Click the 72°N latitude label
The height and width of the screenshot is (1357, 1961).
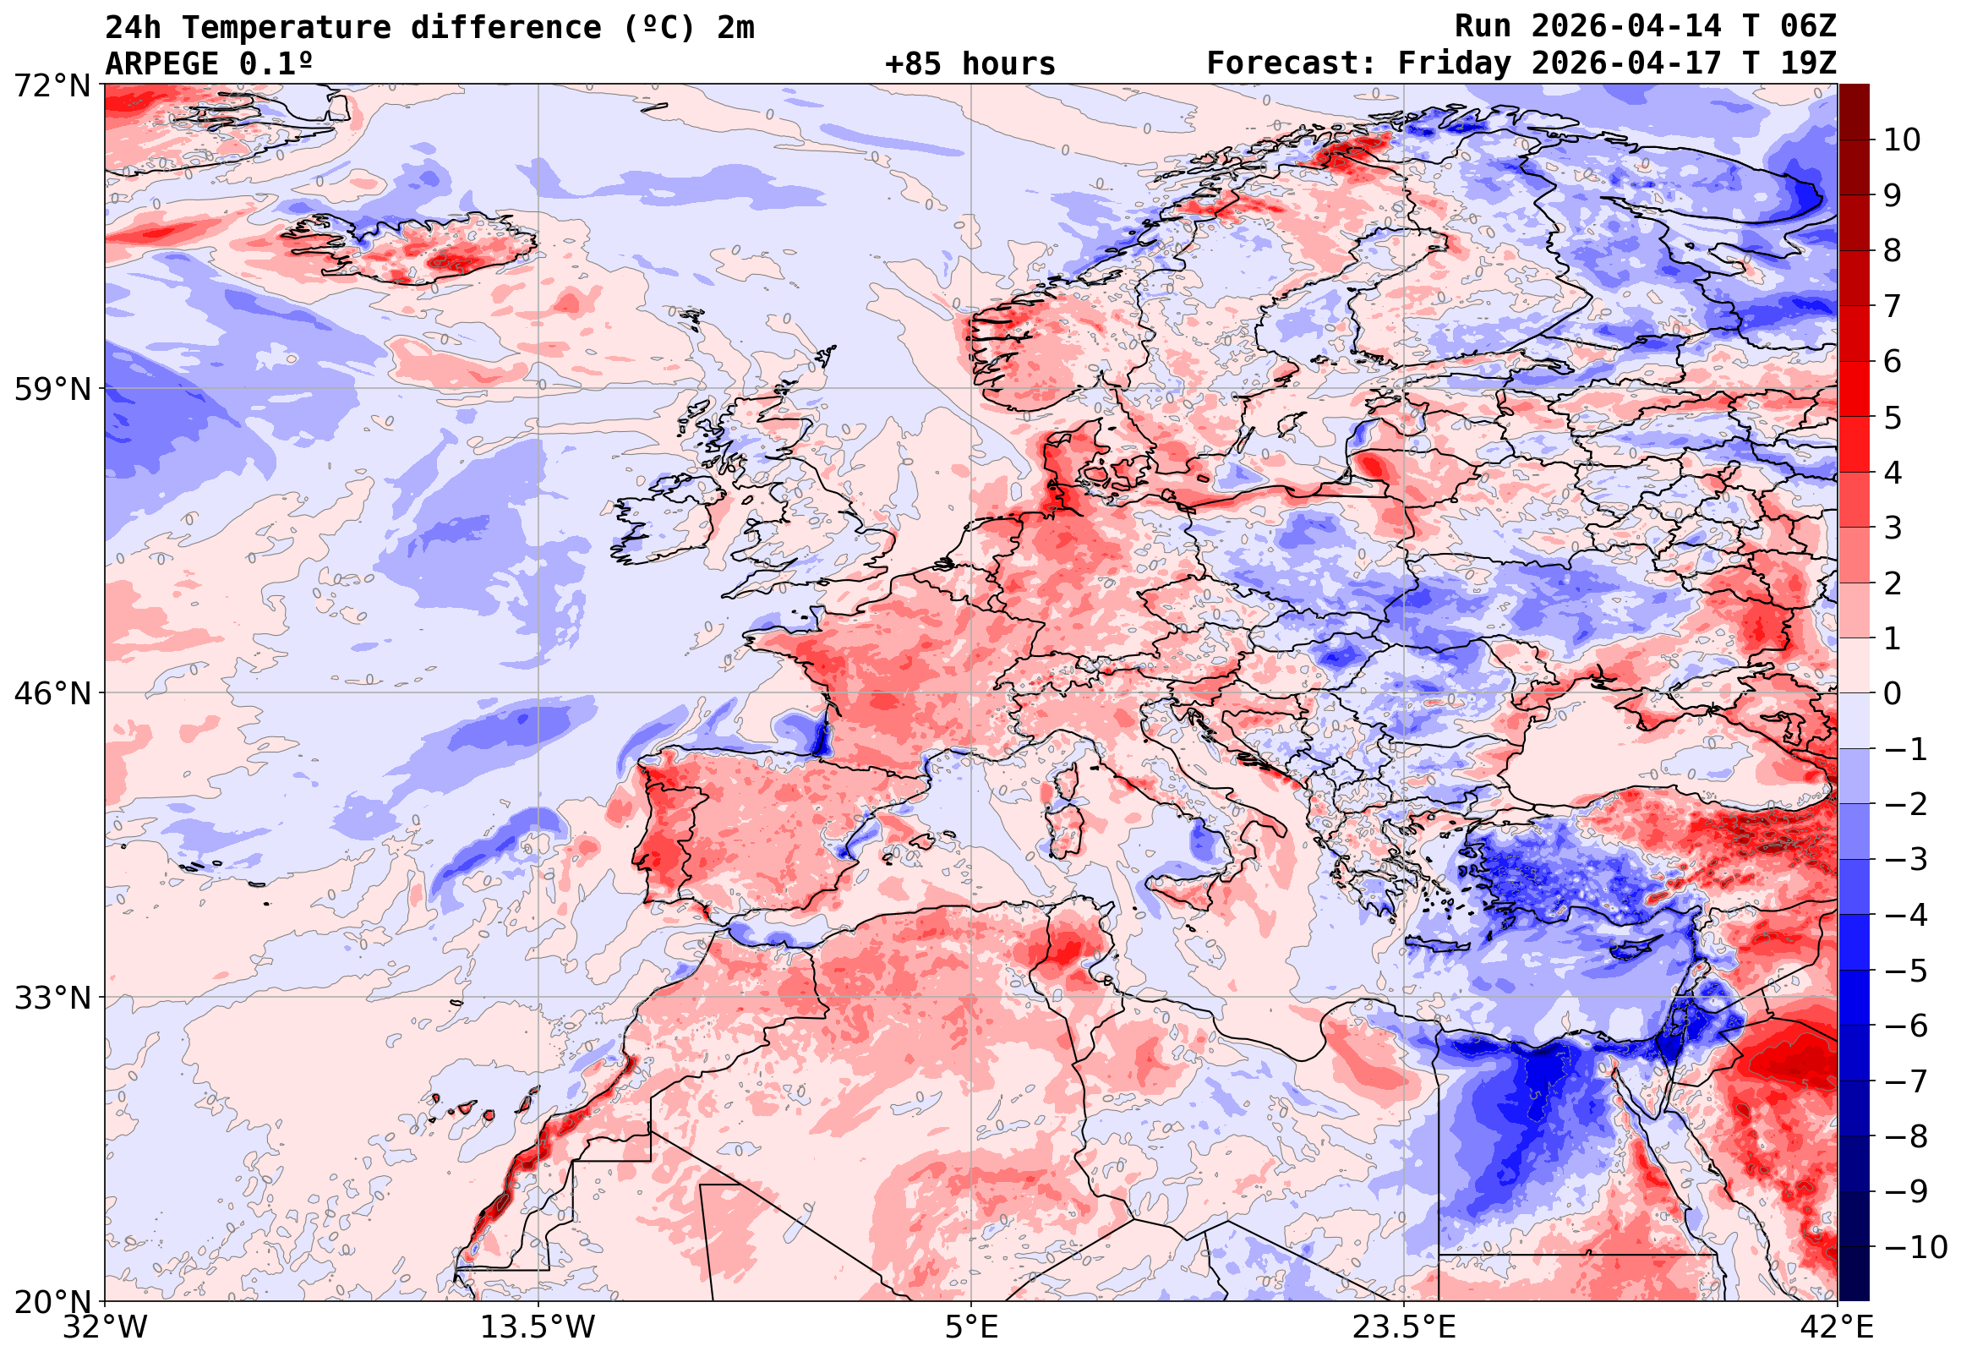pyautogui.click(x=51, y=85)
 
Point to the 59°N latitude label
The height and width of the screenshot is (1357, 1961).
pyautogui.click(x=51, y=390)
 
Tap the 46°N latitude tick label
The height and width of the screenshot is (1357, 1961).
pyautogui.click(x=51, y=693)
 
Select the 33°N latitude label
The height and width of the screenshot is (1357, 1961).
pyautogui.click(x=51, y=998)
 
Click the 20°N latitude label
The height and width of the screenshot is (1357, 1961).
pyautogui.click(x=51, y=1301)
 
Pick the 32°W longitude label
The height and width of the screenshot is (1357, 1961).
pyautogui.click(x=105, y=1327)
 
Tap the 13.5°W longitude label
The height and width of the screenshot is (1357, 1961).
pyautogui.click(x=538, y=1327)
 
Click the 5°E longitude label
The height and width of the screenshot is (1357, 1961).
pyautogui.click(x=971, y=1327)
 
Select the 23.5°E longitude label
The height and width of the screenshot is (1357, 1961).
pyautogui.click(x=1404, y=1327)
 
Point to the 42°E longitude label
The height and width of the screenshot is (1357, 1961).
pyautogui.click(x=1838, y=1327)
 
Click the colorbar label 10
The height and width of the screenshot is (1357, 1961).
pyautogui.click(x=1902, y=140)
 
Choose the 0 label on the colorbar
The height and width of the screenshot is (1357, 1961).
pyautogui.click(x=1893, y=694)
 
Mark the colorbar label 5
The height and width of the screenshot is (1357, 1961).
pyautogui.click(x=1893, y=418)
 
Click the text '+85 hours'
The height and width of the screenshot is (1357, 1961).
pyautogui.click(x=970, y=63)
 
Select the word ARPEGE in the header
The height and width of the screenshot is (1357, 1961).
pyautogui.click(x=161, y=63)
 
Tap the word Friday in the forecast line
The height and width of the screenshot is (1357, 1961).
pyautogui.click(x=1454, y=63)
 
